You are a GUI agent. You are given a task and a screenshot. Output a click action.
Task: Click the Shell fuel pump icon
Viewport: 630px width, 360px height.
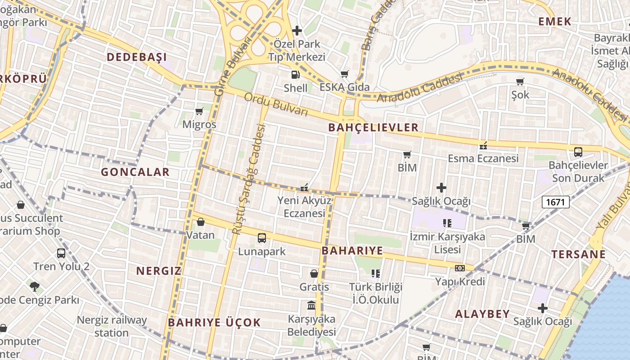pos(295,75)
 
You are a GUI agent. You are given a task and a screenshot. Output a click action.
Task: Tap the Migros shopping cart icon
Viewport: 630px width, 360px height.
pos(199,111)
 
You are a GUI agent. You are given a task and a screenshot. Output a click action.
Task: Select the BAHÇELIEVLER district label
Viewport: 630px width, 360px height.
pos(373,127)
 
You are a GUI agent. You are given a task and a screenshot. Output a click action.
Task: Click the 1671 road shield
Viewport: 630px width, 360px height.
pos(556,202)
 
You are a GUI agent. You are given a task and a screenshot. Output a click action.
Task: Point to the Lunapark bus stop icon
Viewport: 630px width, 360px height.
pos(261,238)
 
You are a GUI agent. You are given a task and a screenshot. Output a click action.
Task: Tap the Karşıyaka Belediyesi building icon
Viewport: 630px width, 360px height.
pos(311,306)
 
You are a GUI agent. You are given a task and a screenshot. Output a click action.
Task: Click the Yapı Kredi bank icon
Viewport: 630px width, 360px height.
pos(459,268)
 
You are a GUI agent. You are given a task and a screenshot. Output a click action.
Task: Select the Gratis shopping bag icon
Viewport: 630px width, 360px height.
pos(314,274)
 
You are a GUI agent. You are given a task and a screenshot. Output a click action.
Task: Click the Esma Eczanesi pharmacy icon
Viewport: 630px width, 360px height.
pos(484,145)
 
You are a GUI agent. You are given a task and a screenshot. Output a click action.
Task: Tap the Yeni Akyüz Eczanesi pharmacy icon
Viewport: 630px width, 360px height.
pos(305,187)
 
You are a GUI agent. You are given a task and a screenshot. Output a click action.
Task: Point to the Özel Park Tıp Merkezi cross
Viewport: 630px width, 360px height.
pos(297,31)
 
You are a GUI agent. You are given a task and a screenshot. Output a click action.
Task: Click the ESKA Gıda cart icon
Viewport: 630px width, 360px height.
pos(345,74)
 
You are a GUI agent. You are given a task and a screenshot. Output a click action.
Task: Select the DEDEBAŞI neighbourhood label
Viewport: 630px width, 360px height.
pos(136,57)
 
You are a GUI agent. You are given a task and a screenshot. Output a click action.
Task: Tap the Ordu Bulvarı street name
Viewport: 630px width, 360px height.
pos(276,104)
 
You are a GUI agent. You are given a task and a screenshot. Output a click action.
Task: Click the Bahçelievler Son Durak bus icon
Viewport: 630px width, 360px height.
pos(578,152)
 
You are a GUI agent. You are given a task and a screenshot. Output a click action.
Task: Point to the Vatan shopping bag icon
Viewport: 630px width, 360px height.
pos(201,222)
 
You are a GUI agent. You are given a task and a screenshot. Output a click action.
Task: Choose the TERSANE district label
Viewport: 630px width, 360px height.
pos(579,254)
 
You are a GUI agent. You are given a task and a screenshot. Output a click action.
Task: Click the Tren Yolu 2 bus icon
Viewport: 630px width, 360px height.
pos(61,253)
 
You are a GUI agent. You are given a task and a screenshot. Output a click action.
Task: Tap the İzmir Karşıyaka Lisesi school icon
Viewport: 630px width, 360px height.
pos(447,223)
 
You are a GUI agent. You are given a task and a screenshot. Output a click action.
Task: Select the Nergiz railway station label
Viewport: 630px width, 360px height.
pos(112,326)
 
